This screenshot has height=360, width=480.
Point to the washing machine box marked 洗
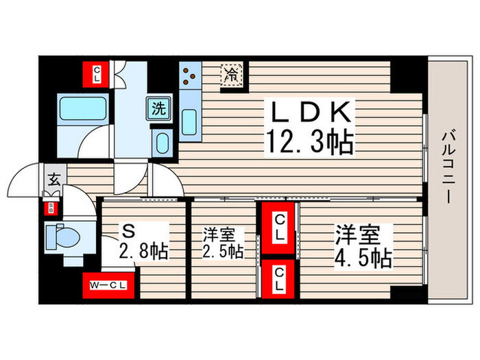(158, 108)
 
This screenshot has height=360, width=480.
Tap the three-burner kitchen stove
(189, 77)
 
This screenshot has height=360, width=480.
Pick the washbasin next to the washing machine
(162, 143)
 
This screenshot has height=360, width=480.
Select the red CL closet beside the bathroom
(97, 72)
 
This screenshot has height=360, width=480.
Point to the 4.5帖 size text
(363, 258)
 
